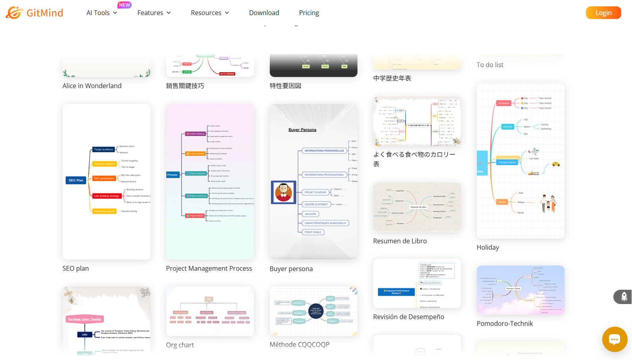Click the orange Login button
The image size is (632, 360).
(603, 13)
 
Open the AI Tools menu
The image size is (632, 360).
(102, 13)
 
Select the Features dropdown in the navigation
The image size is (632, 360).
(154, 13)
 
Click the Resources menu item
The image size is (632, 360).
(210, 13)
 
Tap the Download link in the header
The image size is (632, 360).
(264, 13)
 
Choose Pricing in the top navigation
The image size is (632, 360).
(309, 13)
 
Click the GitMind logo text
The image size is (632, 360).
(44, 13)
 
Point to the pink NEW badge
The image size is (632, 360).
(125, 5)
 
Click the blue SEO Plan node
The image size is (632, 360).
(76, 180)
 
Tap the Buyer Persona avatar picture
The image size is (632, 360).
(283, 192)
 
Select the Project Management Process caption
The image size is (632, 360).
(209, 268)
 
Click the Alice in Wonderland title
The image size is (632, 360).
(92, 86)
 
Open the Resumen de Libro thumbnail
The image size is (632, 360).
(417, 207)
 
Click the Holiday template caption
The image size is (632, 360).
(488, 247)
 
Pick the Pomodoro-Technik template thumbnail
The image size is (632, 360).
(521, 290)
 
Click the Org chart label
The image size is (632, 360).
(180, 345)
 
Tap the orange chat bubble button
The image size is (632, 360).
(615, 339)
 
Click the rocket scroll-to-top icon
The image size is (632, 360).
(624, 296)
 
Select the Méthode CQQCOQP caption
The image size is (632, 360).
(299, 345)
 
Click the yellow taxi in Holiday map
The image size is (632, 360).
(556, 164)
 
